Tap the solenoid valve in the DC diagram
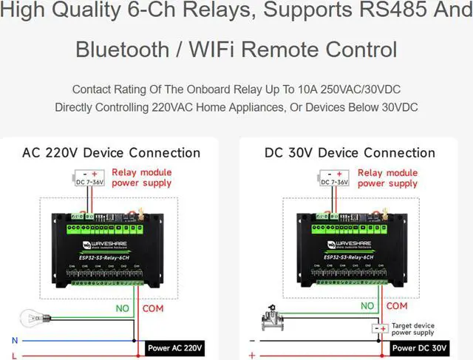(x=275, y=320)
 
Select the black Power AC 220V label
(x=175, y=347)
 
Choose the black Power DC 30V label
(x=419, y=347)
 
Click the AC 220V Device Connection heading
(x=111, y=153)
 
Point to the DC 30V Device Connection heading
(x=350, y=153)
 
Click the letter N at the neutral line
(x=14, y=340)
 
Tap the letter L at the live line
(x=14, y=356)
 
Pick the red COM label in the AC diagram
(x=153, y=307)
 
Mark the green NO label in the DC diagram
(x=367, y=305)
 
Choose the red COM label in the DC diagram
(x=397, y=305)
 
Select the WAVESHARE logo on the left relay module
(x=101, y=242)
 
